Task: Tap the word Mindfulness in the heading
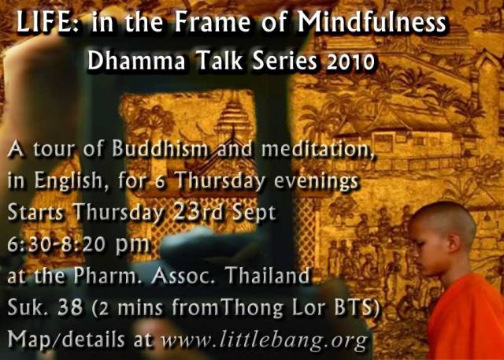[x=372, y=22]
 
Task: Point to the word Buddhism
[x=161, y=149]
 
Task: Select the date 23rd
[x=195, y=213]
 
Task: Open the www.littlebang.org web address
[x=264, y=340]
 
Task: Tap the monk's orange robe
[x=466, y=318]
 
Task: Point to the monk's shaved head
[x=443, y=222]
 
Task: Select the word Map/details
[x=66, y=339]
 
